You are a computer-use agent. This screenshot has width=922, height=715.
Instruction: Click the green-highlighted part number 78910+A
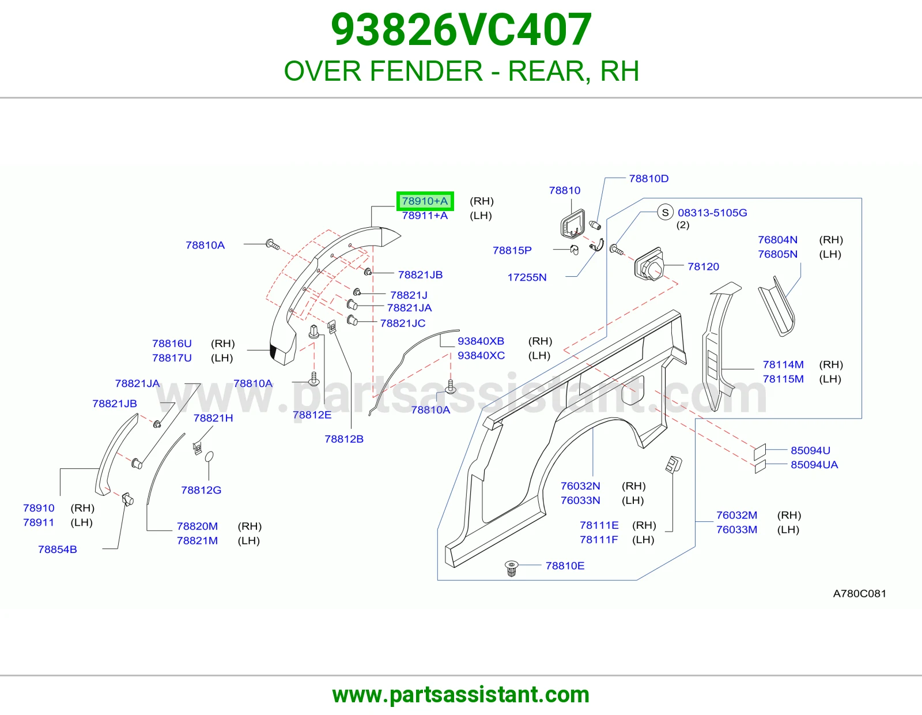pos(425,201)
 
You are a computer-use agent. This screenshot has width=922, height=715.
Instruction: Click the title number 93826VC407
pos(461,29)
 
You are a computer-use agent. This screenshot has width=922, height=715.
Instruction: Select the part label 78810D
pos(649,178)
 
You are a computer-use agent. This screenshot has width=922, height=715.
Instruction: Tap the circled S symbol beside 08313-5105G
pos(666,212)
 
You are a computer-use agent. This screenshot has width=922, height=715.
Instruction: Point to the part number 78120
pos(704,266)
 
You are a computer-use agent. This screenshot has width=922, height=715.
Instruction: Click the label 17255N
pos(527,277)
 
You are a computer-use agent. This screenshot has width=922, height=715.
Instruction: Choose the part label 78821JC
pos(403,323)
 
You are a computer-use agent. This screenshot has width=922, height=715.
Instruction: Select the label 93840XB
pos(481,341)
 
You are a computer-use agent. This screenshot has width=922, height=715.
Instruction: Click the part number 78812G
pos(201,490)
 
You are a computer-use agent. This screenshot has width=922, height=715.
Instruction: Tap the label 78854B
pos(58,550)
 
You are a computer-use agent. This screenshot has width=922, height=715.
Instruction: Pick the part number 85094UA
pos(814,465)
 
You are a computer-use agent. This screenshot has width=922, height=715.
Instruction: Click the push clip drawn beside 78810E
pos(512,568)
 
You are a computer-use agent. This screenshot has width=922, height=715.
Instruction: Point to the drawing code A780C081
pos(860,593)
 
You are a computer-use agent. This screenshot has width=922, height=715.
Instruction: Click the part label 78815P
pos(512,250)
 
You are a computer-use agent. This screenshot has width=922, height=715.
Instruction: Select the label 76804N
pos(778,239)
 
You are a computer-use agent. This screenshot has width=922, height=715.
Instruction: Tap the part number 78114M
pos(783,364)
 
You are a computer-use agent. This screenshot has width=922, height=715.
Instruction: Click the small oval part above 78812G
pos(209,457)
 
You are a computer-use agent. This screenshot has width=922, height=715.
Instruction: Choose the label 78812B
pos(344,439)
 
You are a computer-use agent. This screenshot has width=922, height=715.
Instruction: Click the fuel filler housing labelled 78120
pos(648,265)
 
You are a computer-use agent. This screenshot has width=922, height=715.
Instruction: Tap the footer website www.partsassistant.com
pos(461,695)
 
